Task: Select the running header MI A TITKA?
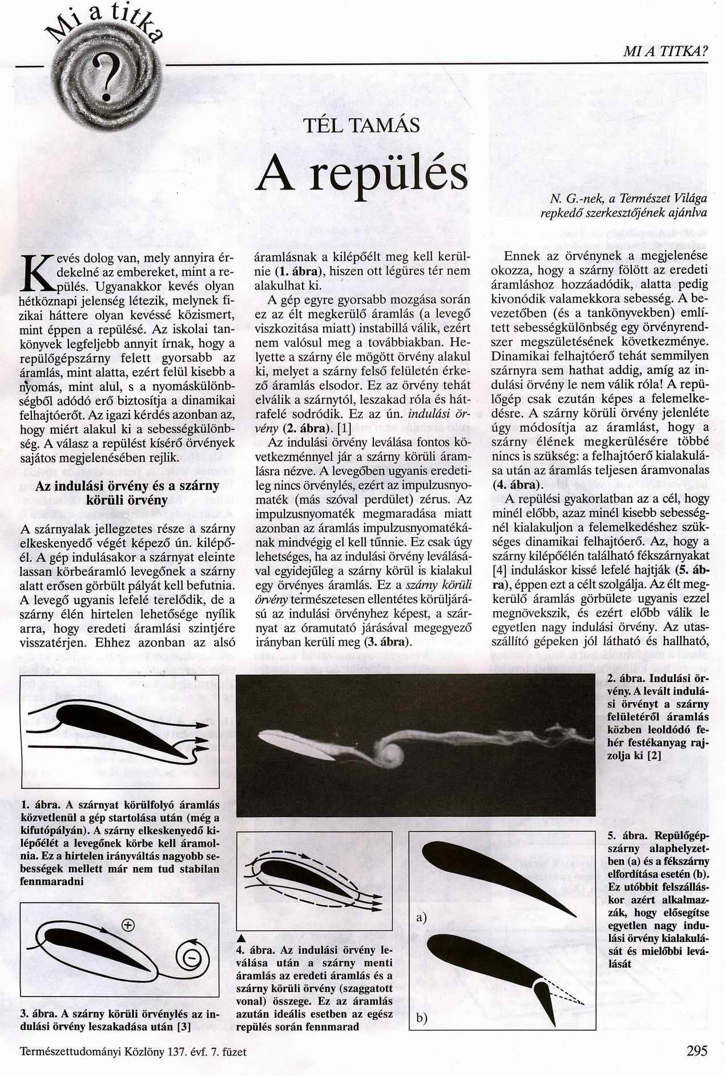pyautogui.click(x=665, y=53)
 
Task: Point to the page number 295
pyautogui.click(x=696, y=1050)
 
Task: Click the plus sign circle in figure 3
pyautogui.click(x=127, y=923)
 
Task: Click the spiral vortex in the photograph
pyautogui.click(x=390, y=753)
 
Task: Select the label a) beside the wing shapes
pyautogui.click(x=422, y=918)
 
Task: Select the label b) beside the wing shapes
pyautogui.click(x=422, y=1017)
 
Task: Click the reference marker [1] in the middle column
pyautogui.click(x=344, y=427)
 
